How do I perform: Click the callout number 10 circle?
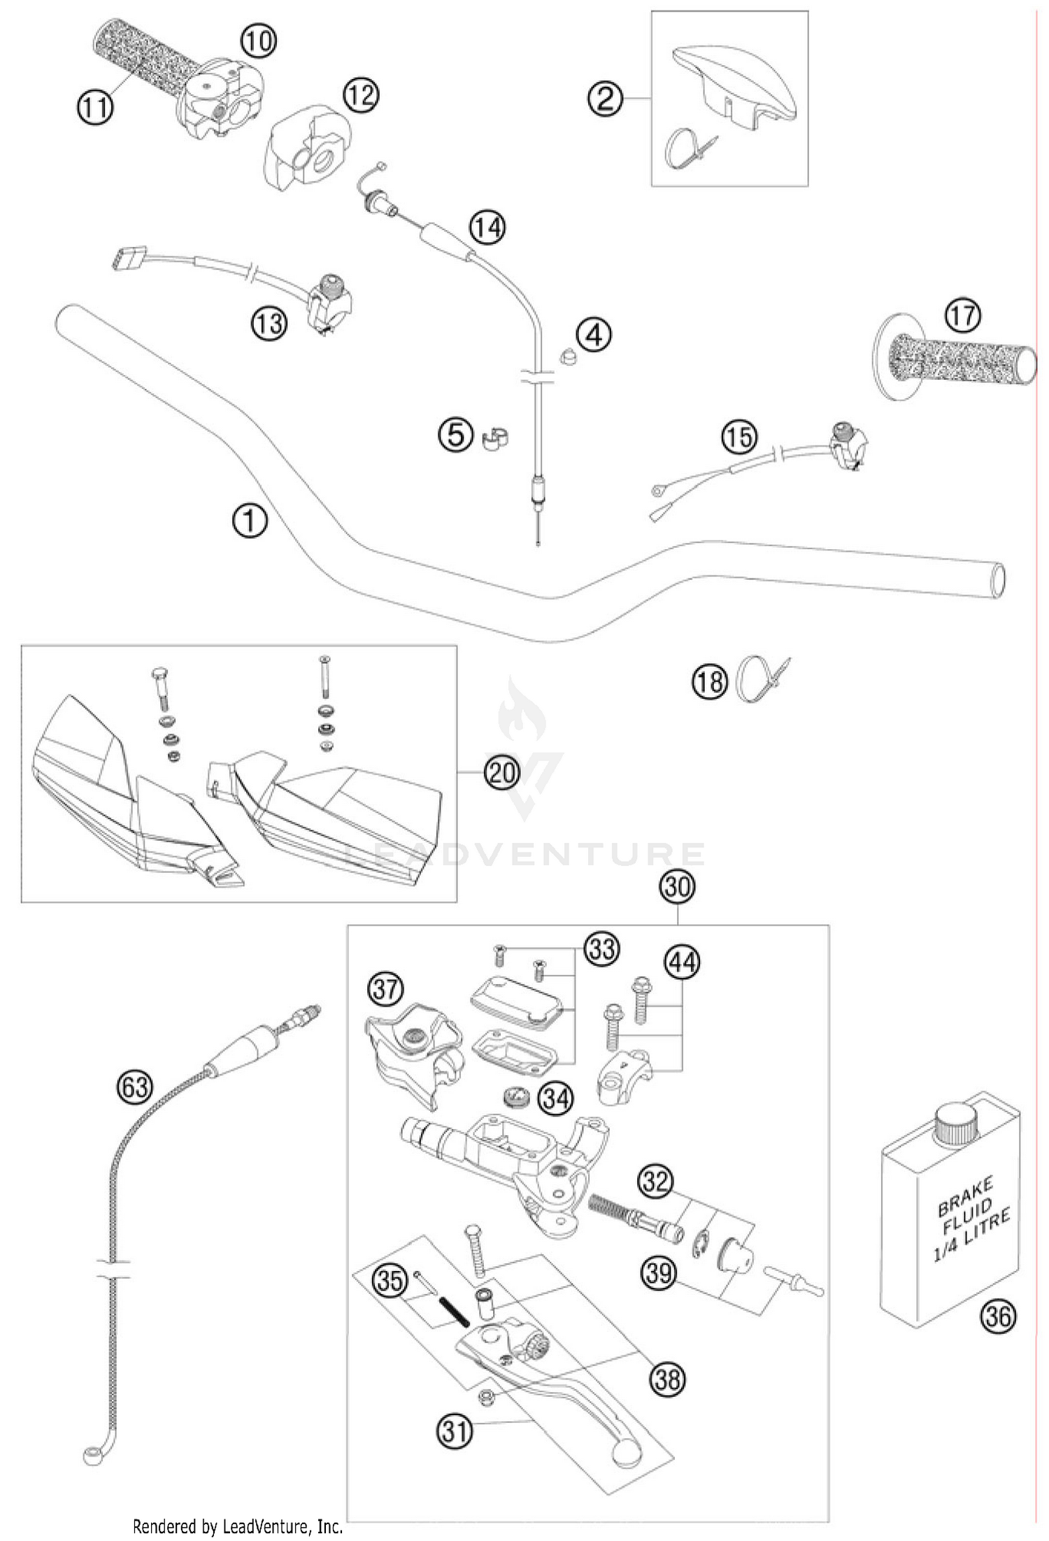pyautogui.click(x=258, y=41)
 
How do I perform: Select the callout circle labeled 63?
pyautogui.click(x=134, y=1086)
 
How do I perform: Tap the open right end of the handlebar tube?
pyautogui.click(x=999, y=581)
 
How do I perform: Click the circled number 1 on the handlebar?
pyautogui.click(x=249, y=521)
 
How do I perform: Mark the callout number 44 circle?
pyautogui.click(x=682, y=963)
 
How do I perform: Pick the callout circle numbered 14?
pyautogui.click(x=487, y=226)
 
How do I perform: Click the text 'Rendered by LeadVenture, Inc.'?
pyautogui.click(x=236, y=1526)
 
